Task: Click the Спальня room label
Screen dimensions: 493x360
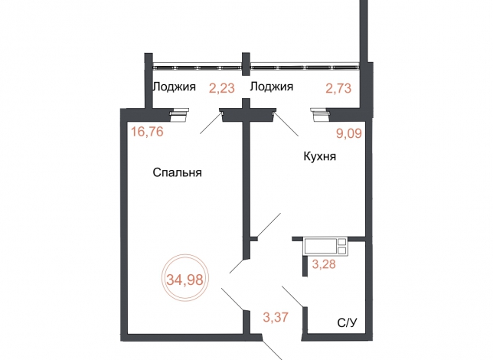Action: tap(177, 172)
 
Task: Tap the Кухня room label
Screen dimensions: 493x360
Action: tap(320, 156)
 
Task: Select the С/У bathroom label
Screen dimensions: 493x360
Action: tap(347, 323)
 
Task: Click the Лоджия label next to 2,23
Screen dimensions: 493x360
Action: tap(174, 87)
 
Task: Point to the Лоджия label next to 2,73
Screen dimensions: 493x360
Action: tap(271, 87)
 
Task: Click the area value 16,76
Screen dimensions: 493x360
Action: tap(147, 131)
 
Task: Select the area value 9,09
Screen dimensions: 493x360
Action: tap(349, 133)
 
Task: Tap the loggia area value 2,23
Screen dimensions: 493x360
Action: tap(222, 88)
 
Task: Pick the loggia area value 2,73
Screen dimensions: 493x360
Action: tap(338, 88)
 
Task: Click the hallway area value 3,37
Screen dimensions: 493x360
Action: tap(276, 317)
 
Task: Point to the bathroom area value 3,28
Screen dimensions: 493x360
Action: tap(324, 263)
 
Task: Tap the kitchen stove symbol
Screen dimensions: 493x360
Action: tap(325, 247)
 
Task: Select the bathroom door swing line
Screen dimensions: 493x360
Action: tap(292, 296)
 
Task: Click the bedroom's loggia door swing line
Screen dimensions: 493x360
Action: tap(211, 123)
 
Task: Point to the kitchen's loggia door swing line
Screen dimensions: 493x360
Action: tap(286, 124)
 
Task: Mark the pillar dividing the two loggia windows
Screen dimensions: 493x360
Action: tap(246, 64)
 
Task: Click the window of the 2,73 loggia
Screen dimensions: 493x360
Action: tap(305, 67)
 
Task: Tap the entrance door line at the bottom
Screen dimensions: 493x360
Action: tap(273, 350)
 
